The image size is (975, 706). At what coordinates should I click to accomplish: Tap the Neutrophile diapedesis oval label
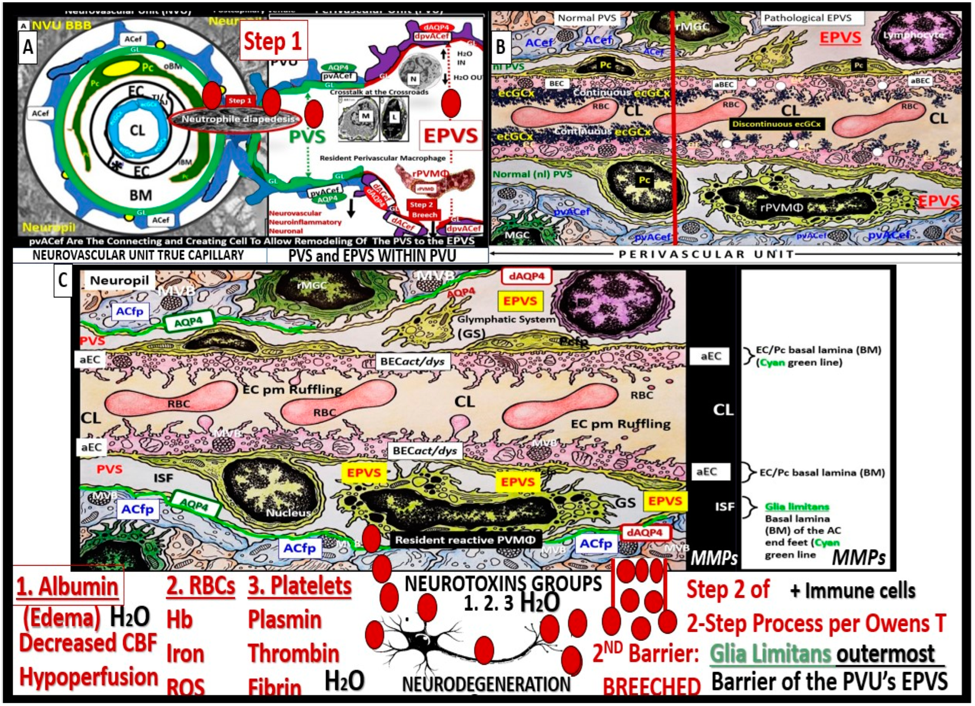[238, 119]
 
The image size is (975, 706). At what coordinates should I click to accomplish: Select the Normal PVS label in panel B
[587, 18]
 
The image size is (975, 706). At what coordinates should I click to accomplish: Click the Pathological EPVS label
[807, 18]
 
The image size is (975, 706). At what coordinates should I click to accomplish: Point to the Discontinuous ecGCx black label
[777, 124]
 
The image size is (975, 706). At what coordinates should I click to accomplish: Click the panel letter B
[501, 47]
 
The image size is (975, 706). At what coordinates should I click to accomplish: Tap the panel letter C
[63, 280]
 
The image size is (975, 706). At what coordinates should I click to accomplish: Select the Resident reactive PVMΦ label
[465, 540]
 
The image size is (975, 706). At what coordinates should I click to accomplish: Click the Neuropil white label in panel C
[119, 281]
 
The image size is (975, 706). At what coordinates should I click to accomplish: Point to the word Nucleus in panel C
[288, 513]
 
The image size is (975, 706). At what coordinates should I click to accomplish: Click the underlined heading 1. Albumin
[67, 586]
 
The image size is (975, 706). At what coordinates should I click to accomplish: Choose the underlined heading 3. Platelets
[300, 585]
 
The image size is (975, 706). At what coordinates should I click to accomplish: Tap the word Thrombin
[294, 653]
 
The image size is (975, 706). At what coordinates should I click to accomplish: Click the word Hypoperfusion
[88, 677]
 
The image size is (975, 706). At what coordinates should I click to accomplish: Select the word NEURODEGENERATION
[486, 684]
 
